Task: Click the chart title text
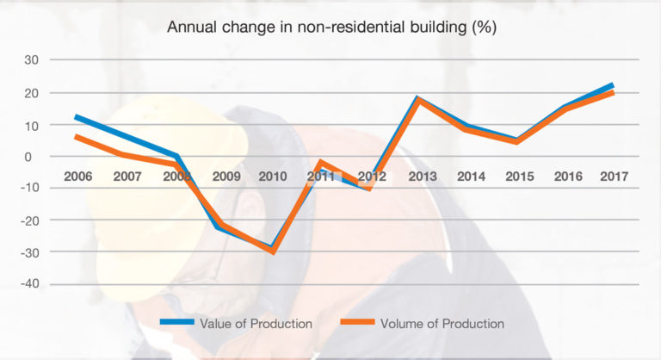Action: click(330, 26)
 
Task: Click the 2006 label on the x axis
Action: click(78, 177)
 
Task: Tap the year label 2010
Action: click(273, 177)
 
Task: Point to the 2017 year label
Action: click(614, 177)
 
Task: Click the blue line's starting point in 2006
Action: click(77, 117)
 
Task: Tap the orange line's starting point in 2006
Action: click(77, 137)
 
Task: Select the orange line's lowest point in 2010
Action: click(273, 251)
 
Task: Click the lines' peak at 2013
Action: click(419, 100)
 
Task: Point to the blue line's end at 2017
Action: click(613, 85)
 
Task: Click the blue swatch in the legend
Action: click(176, 324)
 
